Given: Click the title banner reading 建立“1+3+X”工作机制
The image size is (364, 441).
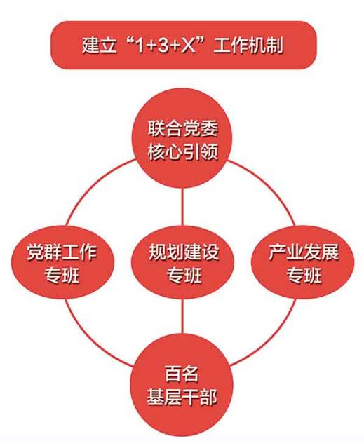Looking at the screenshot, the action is [184, 45].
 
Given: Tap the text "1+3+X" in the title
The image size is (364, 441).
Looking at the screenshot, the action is [165, 45].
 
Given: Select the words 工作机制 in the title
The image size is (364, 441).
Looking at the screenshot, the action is [248, 45].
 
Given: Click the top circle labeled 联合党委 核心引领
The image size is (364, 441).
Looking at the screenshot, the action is [182, 139].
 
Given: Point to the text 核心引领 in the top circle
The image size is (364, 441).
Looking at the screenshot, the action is [183, 152].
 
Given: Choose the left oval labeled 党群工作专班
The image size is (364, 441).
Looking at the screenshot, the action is [62, 262].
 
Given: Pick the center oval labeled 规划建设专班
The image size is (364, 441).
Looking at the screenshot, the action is [183, 262].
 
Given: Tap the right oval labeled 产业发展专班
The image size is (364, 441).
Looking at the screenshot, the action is [303, 262].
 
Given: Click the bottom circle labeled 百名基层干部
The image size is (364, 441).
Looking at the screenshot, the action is [182, 388].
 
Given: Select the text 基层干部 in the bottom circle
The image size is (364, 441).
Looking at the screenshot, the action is [182, 397].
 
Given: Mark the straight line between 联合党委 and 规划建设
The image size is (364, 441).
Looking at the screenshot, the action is [182, 208].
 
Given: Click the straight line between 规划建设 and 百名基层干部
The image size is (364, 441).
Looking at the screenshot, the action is [182, 317].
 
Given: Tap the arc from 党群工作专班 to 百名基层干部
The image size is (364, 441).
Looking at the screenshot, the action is [90, 339].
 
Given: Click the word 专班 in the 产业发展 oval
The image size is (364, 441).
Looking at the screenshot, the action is [304, 275].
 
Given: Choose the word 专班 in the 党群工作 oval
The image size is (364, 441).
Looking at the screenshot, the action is [62, 275].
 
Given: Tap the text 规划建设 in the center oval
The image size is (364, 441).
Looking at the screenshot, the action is [184, 252].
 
